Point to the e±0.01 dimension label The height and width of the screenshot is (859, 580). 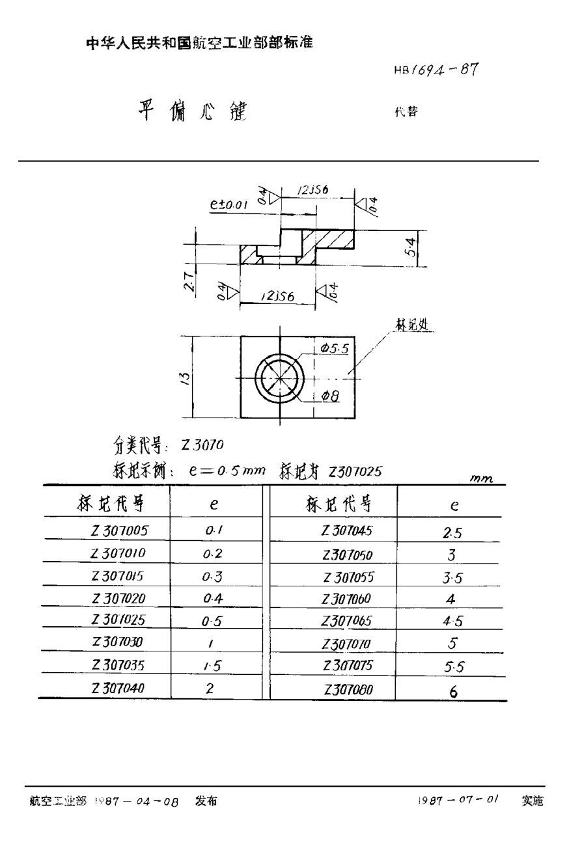(x=229, y=204)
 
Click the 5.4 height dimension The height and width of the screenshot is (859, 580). (x=412, y=247)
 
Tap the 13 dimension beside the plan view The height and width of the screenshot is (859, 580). (x=185, y=377)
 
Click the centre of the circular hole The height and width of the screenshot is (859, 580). (x=279, y=377)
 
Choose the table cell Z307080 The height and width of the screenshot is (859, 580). (x=348, y=689)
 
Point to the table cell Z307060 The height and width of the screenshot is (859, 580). (x=347, y=599)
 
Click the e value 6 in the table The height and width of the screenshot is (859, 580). (x=453, y=692)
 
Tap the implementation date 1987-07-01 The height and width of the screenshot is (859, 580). (x=458, y=800)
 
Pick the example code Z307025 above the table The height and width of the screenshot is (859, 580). (x=355, y=470)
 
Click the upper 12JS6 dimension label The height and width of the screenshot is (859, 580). (x=312, y=190)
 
